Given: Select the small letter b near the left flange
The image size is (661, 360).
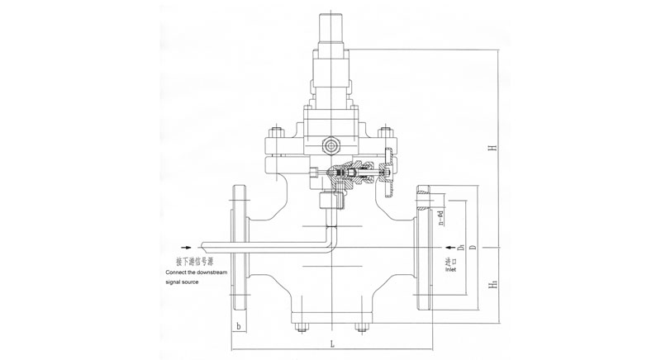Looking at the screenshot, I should [238, 327].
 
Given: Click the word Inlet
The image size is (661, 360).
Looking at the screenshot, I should [450, 268].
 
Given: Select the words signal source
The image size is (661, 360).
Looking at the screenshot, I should [183, 282].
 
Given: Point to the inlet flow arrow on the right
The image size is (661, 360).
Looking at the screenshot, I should [449, 247].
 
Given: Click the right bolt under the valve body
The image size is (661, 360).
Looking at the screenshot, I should [360, 329].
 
